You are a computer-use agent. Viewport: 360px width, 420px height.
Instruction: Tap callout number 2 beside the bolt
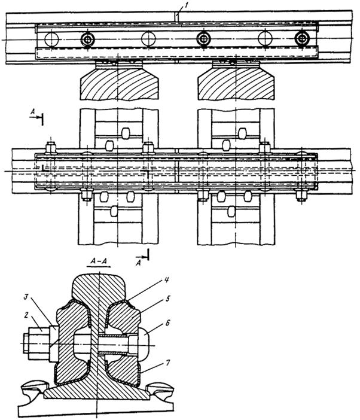(x=26, y=315)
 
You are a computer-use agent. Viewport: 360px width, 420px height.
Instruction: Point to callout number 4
(x=166, y=281)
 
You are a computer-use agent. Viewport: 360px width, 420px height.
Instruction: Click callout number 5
(x=168, y=299)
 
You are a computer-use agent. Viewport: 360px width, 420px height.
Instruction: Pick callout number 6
(x=168, y=322)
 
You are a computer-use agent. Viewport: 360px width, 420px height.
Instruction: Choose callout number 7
(x=167, y=363)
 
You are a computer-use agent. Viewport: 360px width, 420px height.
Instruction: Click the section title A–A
(x=99, y=261)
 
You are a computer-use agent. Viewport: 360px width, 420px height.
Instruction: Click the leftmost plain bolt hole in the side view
(x=51, y=39)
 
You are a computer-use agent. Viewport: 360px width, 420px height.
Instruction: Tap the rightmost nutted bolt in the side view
(x=302, y=39)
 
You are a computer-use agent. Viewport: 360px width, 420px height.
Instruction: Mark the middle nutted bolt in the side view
(x=204, y=39)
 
